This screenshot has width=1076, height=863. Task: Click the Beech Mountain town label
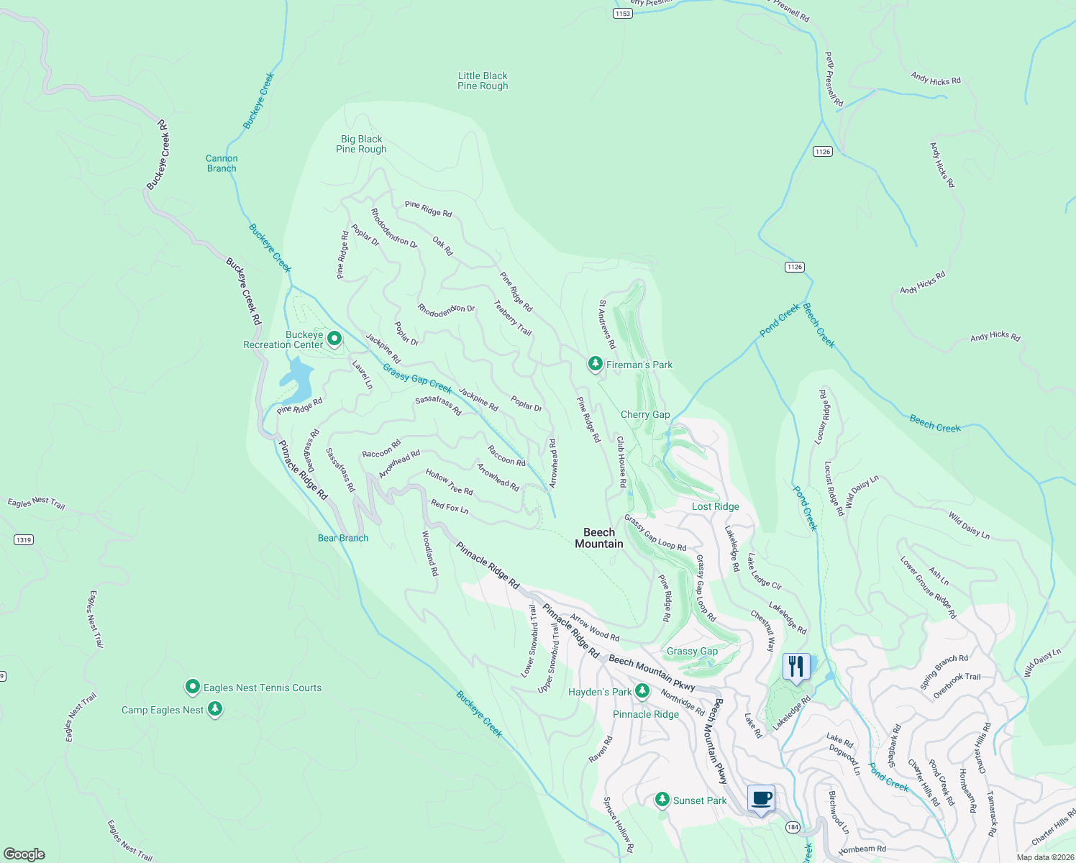point(599,538)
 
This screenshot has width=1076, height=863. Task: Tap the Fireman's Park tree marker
point(595,364)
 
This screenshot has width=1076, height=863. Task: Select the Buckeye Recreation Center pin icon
point(334,337)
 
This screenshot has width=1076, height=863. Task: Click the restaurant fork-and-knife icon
point(795,666)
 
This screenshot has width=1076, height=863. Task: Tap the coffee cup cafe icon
point(761,798)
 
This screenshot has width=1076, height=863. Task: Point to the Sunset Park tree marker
point(662,799)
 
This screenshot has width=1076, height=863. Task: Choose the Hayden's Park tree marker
point(642,691)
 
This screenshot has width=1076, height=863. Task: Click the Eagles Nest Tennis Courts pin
point(192,687)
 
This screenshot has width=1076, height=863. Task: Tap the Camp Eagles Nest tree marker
point(214,709)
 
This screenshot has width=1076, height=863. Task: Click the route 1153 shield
point(622,14)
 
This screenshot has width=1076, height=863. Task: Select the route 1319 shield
point(24,539)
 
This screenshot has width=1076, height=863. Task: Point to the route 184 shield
point(793,826)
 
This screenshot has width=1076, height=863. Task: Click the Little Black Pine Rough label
point(483,81)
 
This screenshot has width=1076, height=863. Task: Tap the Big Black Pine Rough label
point(361,144)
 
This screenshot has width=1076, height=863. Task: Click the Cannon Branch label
point(222,163)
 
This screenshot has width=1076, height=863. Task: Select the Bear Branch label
point(343,538)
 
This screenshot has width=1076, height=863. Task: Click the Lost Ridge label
point(715,506)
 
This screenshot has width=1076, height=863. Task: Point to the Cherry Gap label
point(645,414)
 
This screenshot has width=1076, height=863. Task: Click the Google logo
point(24,854)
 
